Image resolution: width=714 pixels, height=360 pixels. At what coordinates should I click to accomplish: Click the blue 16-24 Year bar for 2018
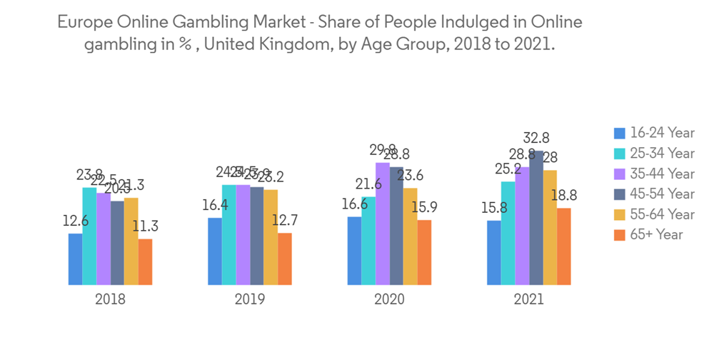(x=75, y=259)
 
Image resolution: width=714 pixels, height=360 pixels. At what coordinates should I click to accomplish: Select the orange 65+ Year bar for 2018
(x=145, y=262)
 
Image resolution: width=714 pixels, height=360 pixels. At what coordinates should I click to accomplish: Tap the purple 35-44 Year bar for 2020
(x=383, y=224)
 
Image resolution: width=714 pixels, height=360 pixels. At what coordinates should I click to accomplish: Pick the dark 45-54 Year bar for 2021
(x=536, y=218)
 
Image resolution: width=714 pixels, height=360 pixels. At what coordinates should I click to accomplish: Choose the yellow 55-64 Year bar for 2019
(x=271, y=237)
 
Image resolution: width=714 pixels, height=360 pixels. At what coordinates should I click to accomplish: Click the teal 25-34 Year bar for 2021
(x=508, y=234)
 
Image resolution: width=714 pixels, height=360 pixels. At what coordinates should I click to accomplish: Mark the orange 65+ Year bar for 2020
(x=424, y=253)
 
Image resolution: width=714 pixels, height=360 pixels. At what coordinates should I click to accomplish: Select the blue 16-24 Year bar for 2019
(x=215, y=251)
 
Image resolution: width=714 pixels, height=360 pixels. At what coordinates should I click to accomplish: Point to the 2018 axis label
(x=110, y=299)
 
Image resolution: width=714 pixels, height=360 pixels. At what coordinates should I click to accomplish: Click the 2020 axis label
(x=389, y=299)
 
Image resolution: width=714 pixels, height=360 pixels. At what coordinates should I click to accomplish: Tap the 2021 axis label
(x=528, y=299)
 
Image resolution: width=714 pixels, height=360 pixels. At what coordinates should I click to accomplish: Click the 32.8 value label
(x=537, y=138)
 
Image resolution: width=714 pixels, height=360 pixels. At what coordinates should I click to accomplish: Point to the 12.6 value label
(x=75, y=221)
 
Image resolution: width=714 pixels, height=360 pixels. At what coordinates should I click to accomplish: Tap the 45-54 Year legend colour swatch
(x=620, y=194)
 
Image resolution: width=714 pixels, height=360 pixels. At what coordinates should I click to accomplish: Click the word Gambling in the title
(x=206, y=22)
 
